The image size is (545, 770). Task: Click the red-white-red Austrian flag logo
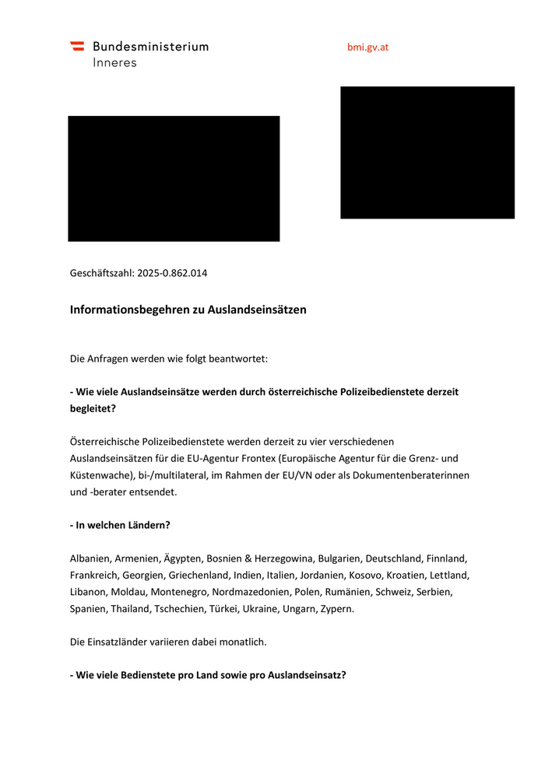click(x=77, y=46)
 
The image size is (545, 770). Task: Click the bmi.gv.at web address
click(x=367, y=47)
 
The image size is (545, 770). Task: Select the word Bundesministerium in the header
click(x=150, y=46)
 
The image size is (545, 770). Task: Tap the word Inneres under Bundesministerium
click(x=114, y=62)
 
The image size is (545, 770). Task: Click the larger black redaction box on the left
click(x=174, y=179)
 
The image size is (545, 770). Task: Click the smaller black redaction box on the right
click(x=427, y=152)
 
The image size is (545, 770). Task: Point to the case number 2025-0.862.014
click(x=172, y=273)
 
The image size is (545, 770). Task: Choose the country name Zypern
click(x=336, y=608)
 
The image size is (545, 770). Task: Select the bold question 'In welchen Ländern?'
click(x=120, y=525)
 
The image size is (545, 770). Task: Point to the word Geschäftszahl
click(x=102, y=273)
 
